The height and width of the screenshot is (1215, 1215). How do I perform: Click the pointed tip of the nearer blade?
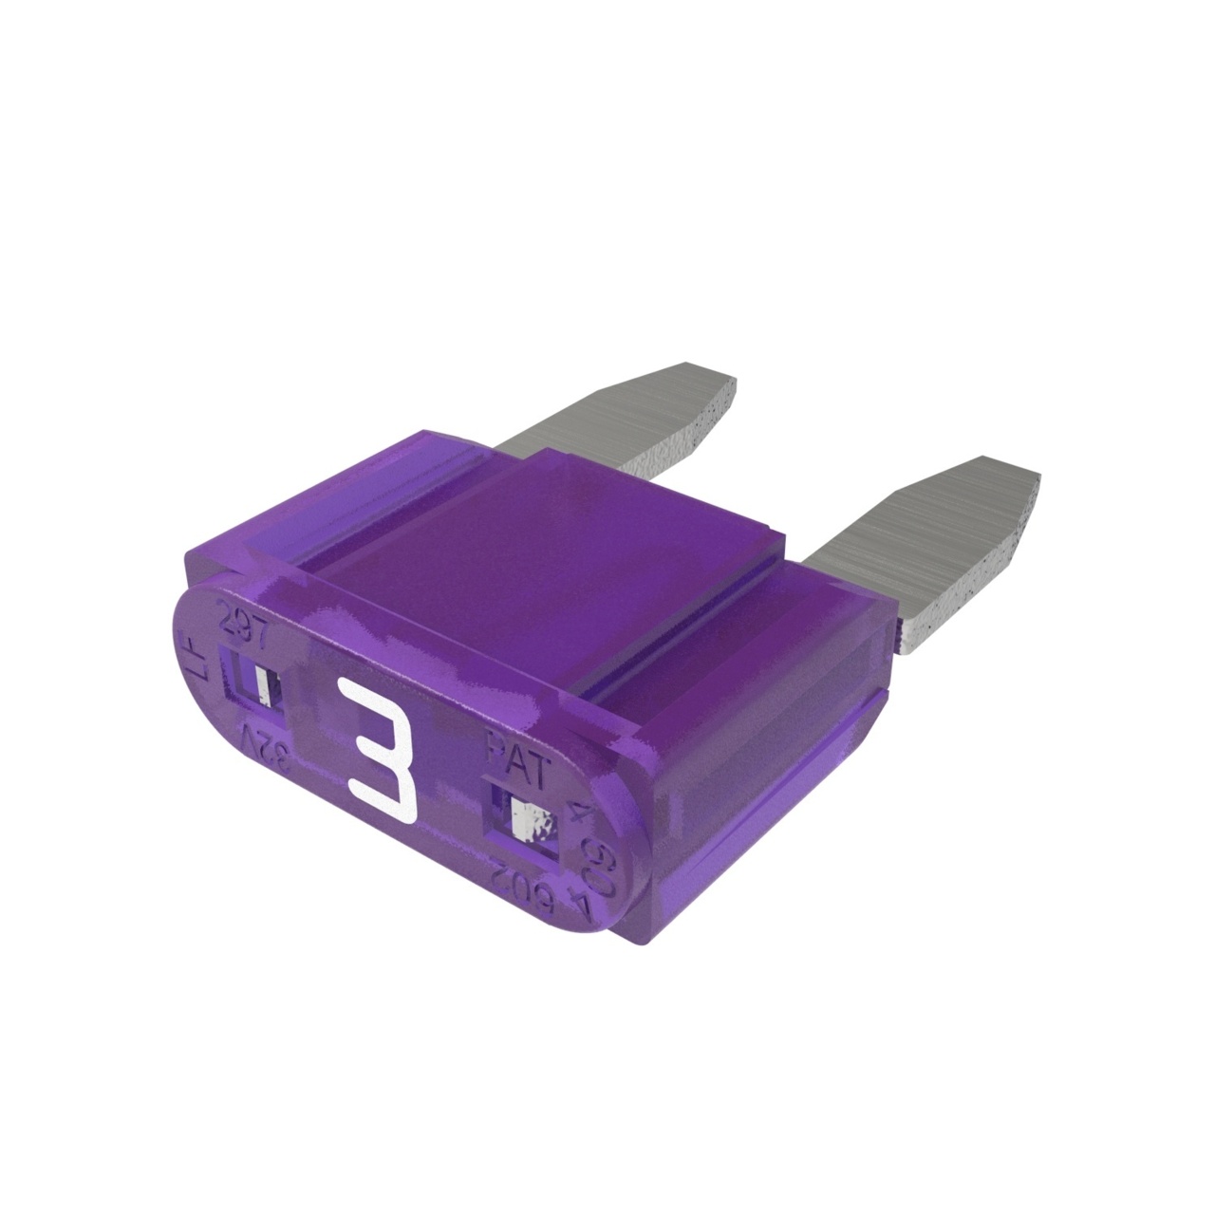point(1030,479)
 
